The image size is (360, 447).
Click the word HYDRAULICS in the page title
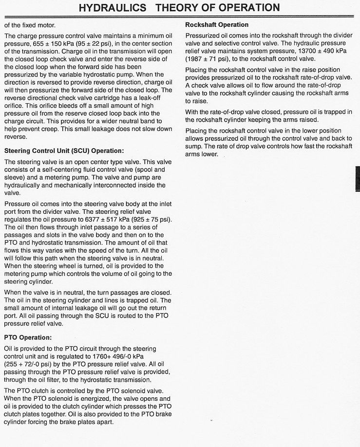pyautogui.click(x=112, y=7)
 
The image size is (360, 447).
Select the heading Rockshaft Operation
pyautogui.click(x=217, y=25)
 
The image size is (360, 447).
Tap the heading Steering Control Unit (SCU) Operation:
pyautogui.click(x=64, y=151)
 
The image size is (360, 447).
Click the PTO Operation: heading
pyautogui.click(x=28, y=337)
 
